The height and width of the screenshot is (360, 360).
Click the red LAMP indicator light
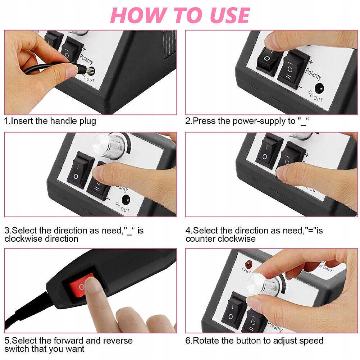point(249,264)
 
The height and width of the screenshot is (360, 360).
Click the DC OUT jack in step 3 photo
point(126,200)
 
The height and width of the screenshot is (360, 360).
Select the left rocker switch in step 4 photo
point(268,151)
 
